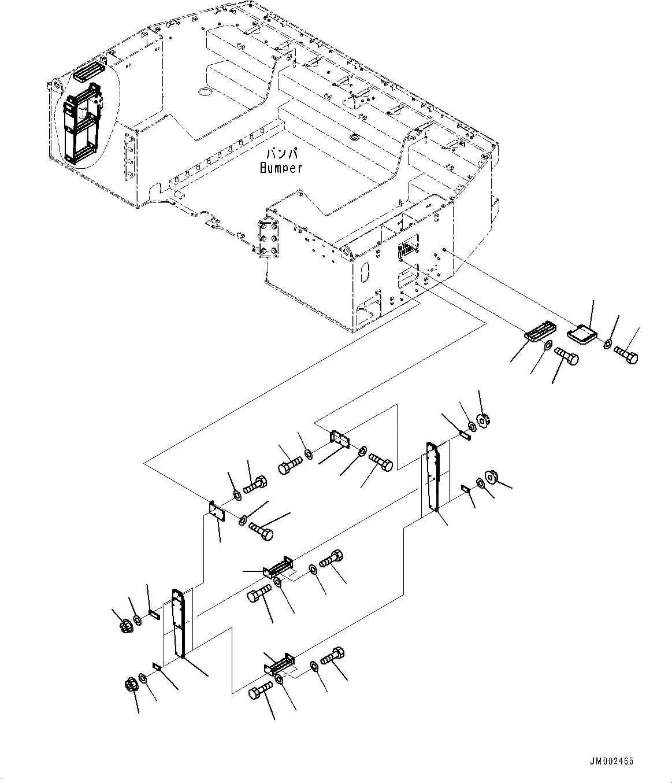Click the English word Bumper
tap(281, 168)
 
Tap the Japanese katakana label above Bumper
tap(281, 154)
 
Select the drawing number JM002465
tap(612, 761)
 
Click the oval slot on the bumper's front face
tap(365, 272)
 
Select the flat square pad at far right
tap(582, 334)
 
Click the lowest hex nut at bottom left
tap(131, 685)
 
